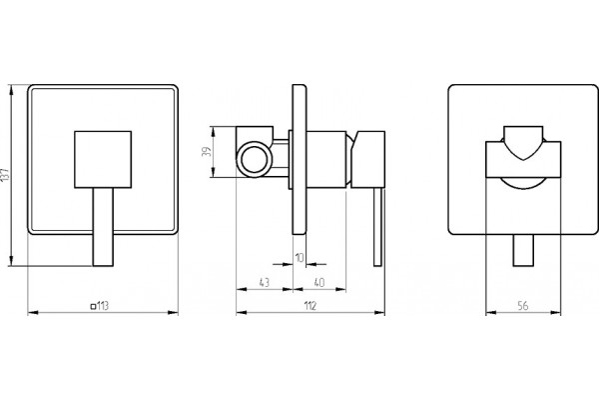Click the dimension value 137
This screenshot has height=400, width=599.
[x=5, y=175]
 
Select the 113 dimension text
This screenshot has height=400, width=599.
[x=103, y=306]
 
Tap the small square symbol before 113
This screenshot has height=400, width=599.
[x=93, y=306]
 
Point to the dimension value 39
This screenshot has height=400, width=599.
[x=207, y=152]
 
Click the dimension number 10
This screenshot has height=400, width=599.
[x=299, y=258]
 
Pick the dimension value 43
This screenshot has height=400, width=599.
[x=265, y=282]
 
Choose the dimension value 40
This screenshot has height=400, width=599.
[x=319, y=282]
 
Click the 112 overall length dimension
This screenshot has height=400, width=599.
[x=310, y=306]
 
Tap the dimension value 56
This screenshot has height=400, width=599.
[x=523, y=305]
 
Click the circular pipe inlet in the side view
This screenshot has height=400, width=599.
[x=254, y=159]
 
